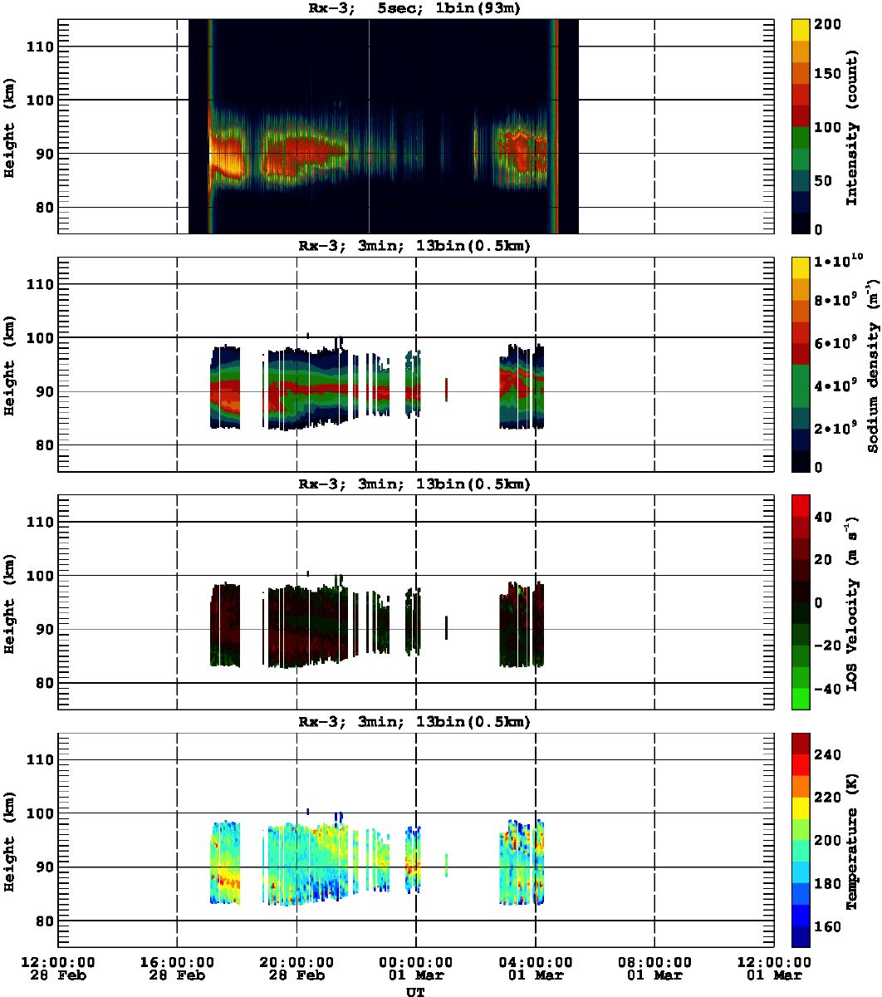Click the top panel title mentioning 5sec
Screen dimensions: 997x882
tap(415, 9)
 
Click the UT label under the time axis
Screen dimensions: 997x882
tap(415, 991)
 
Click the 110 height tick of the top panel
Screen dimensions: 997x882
tap(42, 47)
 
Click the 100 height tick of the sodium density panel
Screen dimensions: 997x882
tap(42, 337)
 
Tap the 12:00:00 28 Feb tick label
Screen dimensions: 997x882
tap(57, 967)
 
